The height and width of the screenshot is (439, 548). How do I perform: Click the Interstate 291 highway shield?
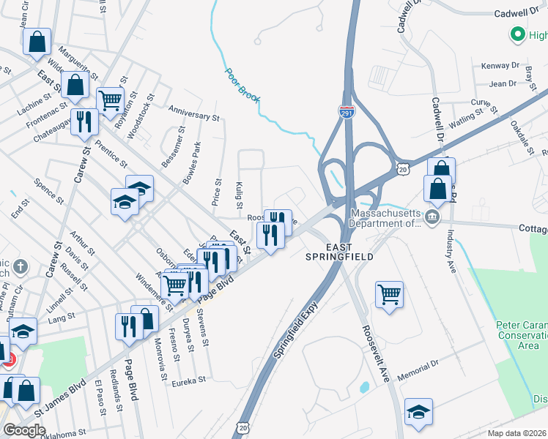(x=347, y=111)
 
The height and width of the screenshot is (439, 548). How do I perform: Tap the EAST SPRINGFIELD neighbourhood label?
(x=341, y=252)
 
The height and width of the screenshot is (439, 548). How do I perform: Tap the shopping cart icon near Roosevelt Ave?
(x=390, y=294)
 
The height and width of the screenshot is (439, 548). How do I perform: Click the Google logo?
(x=25, y=430)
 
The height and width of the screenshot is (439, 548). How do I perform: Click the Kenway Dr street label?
(x=500, y=66)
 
